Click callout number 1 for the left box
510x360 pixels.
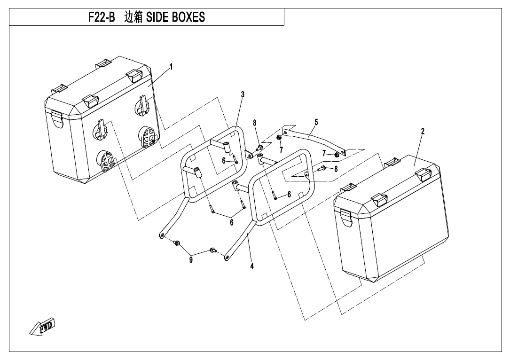[171, 67]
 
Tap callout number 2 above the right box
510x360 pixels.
[423, 132]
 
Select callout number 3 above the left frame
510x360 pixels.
[243, 94]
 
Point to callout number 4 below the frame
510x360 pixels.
[252, 266]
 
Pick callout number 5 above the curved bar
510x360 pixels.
[316, 122]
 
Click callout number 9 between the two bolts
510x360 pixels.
[191, 260]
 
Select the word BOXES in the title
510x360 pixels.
[188, 17]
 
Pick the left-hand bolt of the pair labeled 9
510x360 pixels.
[177, 243]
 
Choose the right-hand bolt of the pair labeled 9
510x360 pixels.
[213, 250]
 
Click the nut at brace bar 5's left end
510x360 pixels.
[279, 137]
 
